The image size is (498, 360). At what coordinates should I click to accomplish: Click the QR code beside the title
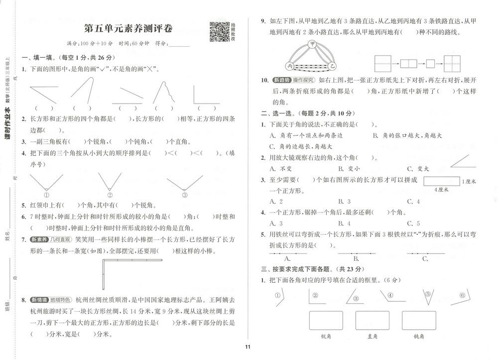pyautogui.click(x=218, y=31)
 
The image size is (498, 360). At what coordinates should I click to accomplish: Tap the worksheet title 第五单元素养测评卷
pyautogui.click(x=127, y=29)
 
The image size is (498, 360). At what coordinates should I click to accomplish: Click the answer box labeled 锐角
pyautogui.click(x=326, y=320)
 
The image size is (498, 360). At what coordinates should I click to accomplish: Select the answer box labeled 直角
pyautogui.click(x=372, y=320)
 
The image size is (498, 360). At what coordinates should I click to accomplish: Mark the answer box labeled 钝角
pyautogui.click(x=418, y=320)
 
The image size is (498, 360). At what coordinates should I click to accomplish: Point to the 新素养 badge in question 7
pyautogui.click(x=39, y=240)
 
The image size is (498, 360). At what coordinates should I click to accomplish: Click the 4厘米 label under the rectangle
pyautogui.click(x=441, y=189)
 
